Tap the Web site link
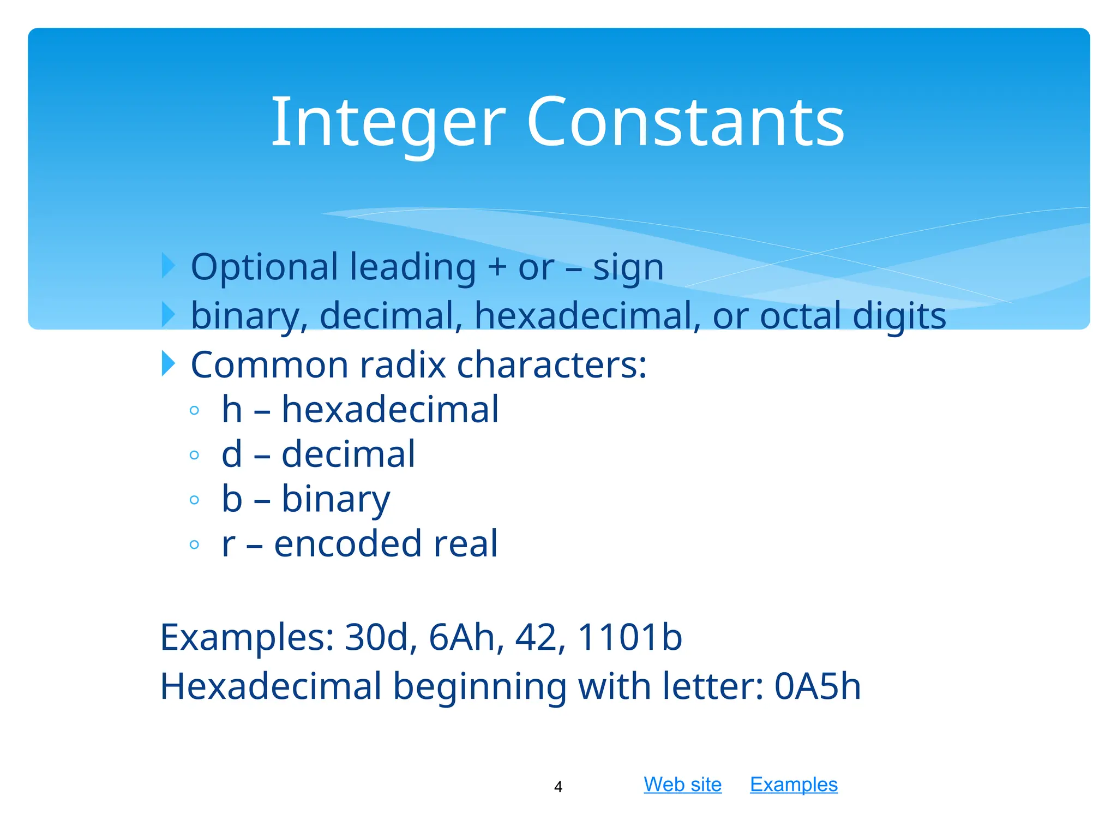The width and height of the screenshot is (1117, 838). point(682,784)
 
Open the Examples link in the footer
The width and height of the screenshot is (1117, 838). point(794,784)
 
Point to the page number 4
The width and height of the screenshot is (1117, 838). point(558,787)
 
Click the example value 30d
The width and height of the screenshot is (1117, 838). point(376,637)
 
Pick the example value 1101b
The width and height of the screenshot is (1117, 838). point(629,637)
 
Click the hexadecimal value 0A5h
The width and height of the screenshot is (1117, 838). point(817,686)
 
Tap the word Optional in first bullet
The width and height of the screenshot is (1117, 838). point(265,267)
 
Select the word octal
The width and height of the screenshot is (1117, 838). point(800,316)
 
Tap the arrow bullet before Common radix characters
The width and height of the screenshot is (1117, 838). point(169,363)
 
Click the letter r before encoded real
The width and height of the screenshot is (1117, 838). point(229,544)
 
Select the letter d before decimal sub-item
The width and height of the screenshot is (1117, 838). point(232,454)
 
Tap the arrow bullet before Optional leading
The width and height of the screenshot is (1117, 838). point(169,266)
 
